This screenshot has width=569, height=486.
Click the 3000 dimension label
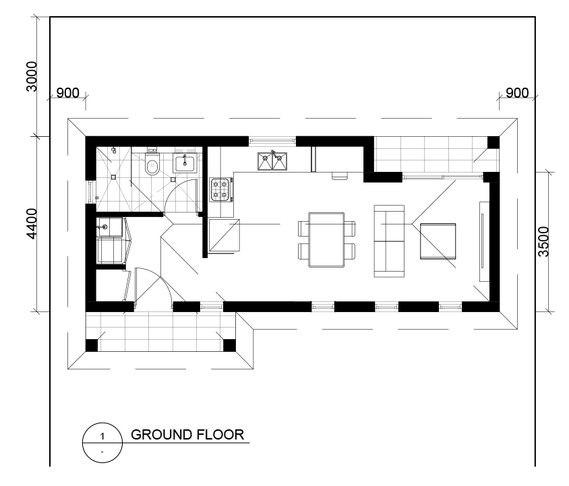click(32, 76)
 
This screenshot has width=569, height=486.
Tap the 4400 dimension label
click(32, 224)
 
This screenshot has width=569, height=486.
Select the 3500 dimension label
click(544, 242)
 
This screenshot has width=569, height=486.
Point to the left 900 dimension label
click(68, 93)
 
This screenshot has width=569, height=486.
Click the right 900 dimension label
click(517, 93)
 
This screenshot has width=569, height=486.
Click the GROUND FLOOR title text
click(187, 435)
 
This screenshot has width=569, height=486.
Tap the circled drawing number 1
click(102, 436)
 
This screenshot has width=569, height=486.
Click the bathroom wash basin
click(185, 162)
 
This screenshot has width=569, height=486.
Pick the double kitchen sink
click(272, 161)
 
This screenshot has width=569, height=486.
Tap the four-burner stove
click(221, 189)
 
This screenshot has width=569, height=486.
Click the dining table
click(326, 240)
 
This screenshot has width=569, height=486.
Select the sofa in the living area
click(389, 241)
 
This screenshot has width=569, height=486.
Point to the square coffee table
click(438, 241)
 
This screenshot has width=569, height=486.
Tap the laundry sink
click(109, 227)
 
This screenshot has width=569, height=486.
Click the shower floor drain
click(113, 177)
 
